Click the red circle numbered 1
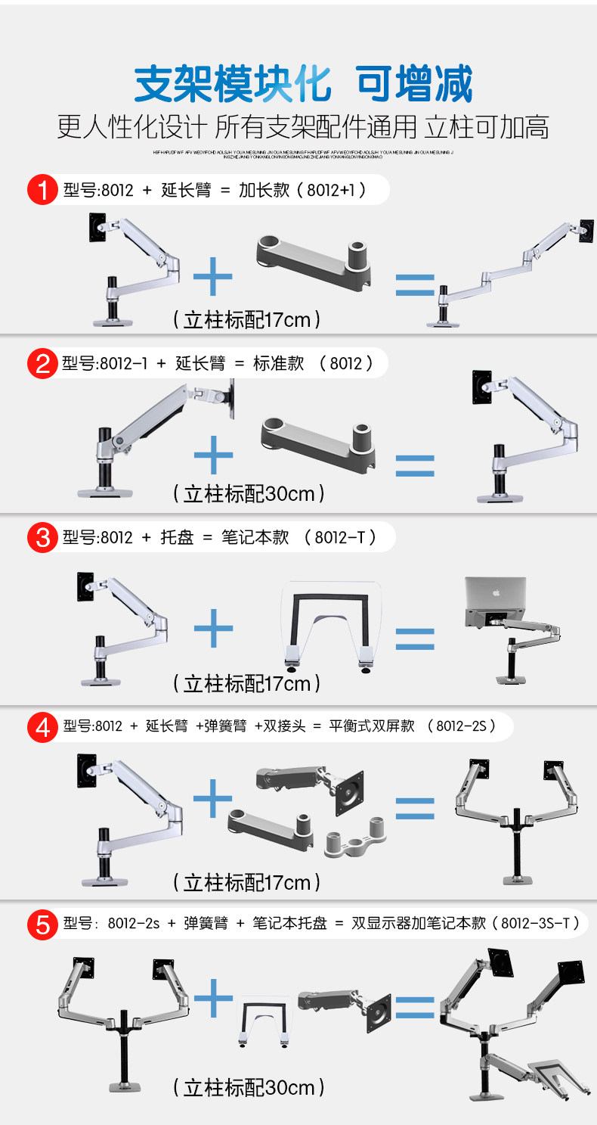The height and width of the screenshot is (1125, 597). [42, 190]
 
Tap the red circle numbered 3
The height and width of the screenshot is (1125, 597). [42, 538]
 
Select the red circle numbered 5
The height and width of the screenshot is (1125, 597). [42, 924]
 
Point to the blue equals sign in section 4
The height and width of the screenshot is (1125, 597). [415, 808]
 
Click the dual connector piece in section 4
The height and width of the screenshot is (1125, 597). [355, 835]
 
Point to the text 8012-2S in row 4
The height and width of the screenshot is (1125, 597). [461, 726]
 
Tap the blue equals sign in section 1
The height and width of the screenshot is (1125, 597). [415, 285]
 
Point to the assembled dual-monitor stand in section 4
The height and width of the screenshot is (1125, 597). [517, 817]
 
